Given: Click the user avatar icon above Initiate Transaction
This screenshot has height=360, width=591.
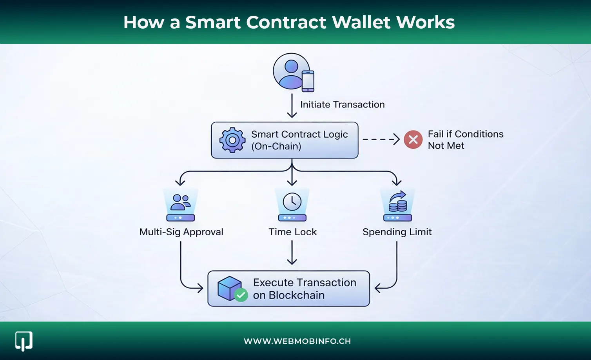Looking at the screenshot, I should coord(291,71).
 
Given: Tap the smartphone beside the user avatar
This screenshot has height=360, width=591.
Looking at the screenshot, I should coord(308,81).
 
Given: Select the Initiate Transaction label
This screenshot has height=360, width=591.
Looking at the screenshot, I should coord(342,105).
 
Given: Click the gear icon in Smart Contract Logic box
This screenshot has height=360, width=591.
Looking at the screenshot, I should coord(232,140).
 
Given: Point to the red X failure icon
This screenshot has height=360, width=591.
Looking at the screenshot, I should coord(413,140).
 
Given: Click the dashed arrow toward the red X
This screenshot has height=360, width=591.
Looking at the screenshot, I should coord(381,139).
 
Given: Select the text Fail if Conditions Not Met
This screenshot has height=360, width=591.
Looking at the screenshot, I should coord(465,140).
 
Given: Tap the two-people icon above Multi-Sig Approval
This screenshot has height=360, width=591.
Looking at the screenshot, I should coord(181,203).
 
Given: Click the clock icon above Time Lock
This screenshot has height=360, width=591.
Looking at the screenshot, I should coord(292,202).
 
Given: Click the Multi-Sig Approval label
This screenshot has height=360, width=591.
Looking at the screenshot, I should coord(181,232).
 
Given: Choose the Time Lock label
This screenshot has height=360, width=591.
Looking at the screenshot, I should coord(292,232).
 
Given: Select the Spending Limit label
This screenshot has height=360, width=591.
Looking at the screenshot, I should coord(397,232).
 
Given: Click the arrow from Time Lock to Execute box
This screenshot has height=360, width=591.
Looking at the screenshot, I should coord(292,253).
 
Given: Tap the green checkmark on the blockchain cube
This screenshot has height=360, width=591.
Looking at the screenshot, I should coord(241,295).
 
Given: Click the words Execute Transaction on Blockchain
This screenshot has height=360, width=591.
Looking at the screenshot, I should coord(304,289).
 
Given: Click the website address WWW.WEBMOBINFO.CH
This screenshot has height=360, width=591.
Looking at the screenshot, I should coord(297,341).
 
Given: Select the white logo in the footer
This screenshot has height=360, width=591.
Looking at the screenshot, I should coord(24,341).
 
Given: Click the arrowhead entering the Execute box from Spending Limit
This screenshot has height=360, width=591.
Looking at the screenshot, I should coord(378,289).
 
